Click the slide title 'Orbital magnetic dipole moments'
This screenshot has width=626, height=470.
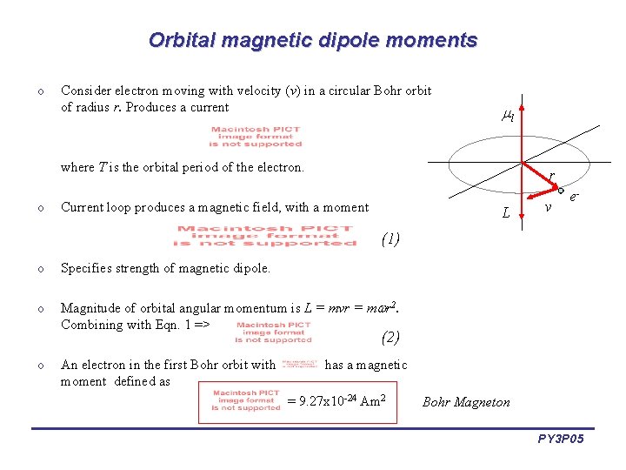313,40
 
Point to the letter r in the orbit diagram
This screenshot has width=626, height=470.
550,177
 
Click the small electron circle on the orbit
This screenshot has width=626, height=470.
562,191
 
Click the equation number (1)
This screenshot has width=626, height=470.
390,238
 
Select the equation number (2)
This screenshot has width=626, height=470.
390,337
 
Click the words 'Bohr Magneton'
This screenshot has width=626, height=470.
466,402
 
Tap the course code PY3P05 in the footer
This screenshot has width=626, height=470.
561,440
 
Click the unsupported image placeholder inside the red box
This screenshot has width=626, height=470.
246,400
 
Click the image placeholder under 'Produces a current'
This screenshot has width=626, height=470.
256,137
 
